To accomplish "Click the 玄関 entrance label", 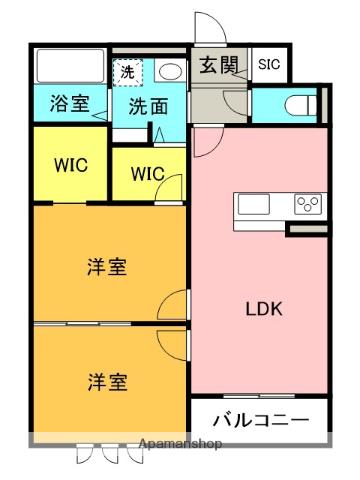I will [217, 66].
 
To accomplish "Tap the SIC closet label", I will [269, 66].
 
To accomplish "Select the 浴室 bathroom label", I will [67, 105].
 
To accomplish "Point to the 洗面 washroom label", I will [146, 106].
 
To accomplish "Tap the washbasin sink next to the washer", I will [168, 70].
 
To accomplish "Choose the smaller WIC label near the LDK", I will [146, 173].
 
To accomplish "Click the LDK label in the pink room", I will [264, 309].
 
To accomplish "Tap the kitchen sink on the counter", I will [253, 205].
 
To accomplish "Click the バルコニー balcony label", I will [259, 419].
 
